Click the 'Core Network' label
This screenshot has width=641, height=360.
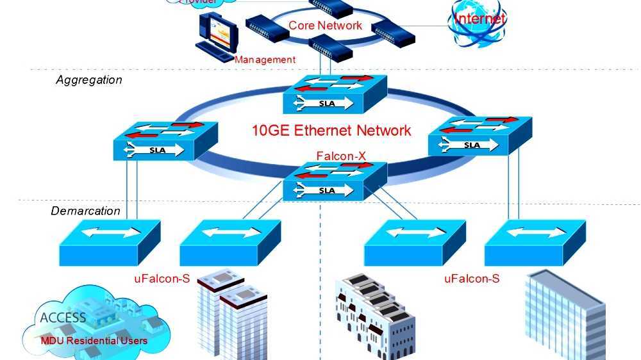[x=325, y=26]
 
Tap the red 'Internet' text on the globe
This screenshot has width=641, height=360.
[x=479, y=18]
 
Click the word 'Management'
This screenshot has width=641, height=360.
[x=265, y=60]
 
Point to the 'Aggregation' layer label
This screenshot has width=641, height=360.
[x=88, y=80]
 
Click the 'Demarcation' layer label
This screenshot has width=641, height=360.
[x=85, y=211]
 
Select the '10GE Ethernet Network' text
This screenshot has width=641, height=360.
[x=331, y=131]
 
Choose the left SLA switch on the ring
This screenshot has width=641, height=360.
[x=165, y=141]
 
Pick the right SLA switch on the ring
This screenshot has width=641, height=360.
[x=479, y=136]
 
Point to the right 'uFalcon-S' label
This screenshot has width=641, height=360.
[x=472, y=279]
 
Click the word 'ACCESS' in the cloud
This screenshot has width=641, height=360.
[x=63, y=318]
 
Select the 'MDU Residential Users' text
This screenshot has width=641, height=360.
[x=94, y=340]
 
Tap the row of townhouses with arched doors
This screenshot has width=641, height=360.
[x=376, y=317]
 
